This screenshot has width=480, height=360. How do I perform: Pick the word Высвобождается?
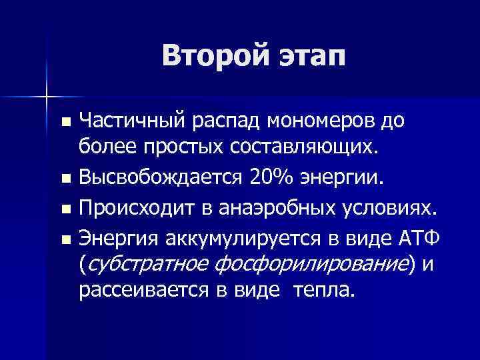coord(161,179)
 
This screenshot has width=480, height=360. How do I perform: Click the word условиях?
coord(391,210)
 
